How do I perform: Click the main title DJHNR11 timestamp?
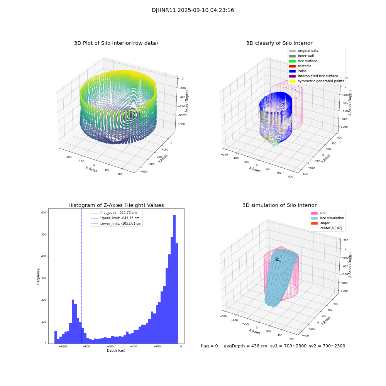click(x=193, y=10)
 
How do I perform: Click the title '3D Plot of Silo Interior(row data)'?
click(x=116, y=43)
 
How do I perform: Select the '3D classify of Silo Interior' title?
click(x=279, y=43)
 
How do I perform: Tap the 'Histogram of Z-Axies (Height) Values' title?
click(x=116, y=205)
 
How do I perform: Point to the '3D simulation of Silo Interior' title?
click(x=279, y=205)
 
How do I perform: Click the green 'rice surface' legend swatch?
click(x=292, y=61)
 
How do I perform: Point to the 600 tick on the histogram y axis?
click(x=44, y=213)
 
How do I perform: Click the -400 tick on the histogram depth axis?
click(x=134, y=347)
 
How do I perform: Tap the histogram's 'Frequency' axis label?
click(x=39, y=276)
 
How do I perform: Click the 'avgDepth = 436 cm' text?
click(x=245, y=346)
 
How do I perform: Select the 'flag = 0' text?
click(x=209, y=346)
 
